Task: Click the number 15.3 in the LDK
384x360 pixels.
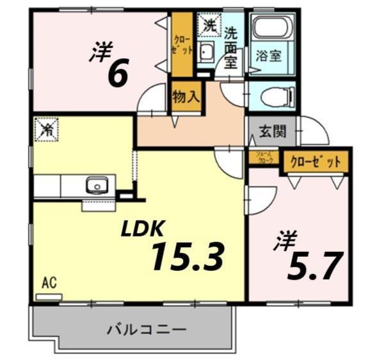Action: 187,257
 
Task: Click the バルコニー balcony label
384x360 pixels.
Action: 147,330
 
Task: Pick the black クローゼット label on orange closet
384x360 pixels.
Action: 316,162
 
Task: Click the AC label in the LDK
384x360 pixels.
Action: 47,282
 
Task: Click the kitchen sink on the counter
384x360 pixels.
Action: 97,186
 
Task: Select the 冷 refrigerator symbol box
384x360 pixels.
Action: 47,129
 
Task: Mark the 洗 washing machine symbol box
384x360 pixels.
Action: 209,26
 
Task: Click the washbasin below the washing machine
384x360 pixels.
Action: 207,54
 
